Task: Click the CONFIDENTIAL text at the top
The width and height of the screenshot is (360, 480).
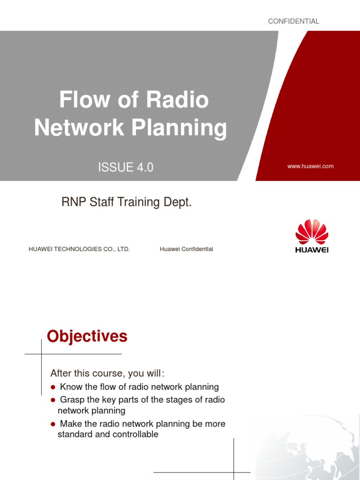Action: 293,21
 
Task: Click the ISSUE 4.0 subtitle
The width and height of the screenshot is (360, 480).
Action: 125,167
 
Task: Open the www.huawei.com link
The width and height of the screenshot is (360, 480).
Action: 310,166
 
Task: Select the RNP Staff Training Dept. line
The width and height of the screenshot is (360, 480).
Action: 127,203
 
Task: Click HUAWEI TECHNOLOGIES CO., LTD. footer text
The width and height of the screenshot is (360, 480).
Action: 79,249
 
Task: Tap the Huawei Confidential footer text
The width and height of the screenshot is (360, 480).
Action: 186,249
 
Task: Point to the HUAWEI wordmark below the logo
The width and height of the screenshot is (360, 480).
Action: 312,250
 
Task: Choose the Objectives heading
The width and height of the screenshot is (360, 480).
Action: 87,337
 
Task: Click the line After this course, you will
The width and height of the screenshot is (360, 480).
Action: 107,373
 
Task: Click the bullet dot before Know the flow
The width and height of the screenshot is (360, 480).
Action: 53,387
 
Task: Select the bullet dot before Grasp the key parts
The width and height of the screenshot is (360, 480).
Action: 53,400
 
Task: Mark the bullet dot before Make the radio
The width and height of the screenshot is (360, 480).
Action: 53,424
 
